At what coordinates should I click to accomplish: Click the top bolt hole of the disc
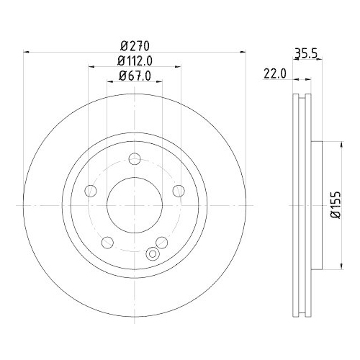click(x=135, y=161)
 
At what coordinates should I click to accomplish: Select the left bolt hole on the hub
click(x=91, y=191)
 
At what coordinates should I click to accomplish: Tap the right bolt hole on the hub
click(x=179, y=191)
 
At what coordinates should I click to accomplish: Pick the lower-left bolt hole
click(x=107, y=242)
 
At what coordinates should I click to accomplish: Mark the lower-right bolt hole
click(x=162, y=242)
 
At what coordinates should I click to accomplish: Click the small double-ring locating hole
click(x=151, y=254)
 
